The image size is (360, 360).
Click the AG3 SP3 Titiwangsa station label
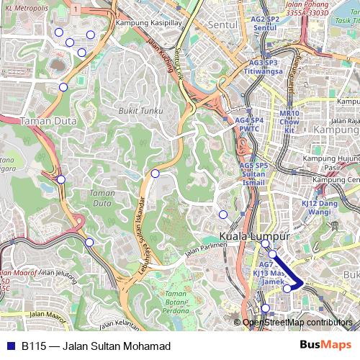click(x=261, y=68)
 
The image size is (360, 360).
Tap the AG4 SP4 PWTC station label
click(x=249, y=125)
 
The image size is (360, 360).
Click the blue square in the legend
click(x=9, y=346)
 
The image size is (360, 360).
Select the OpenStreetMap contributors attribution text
click(x=297, y=323)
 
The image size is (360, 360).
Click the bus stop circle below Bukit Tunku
click(x=155, y=174)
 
